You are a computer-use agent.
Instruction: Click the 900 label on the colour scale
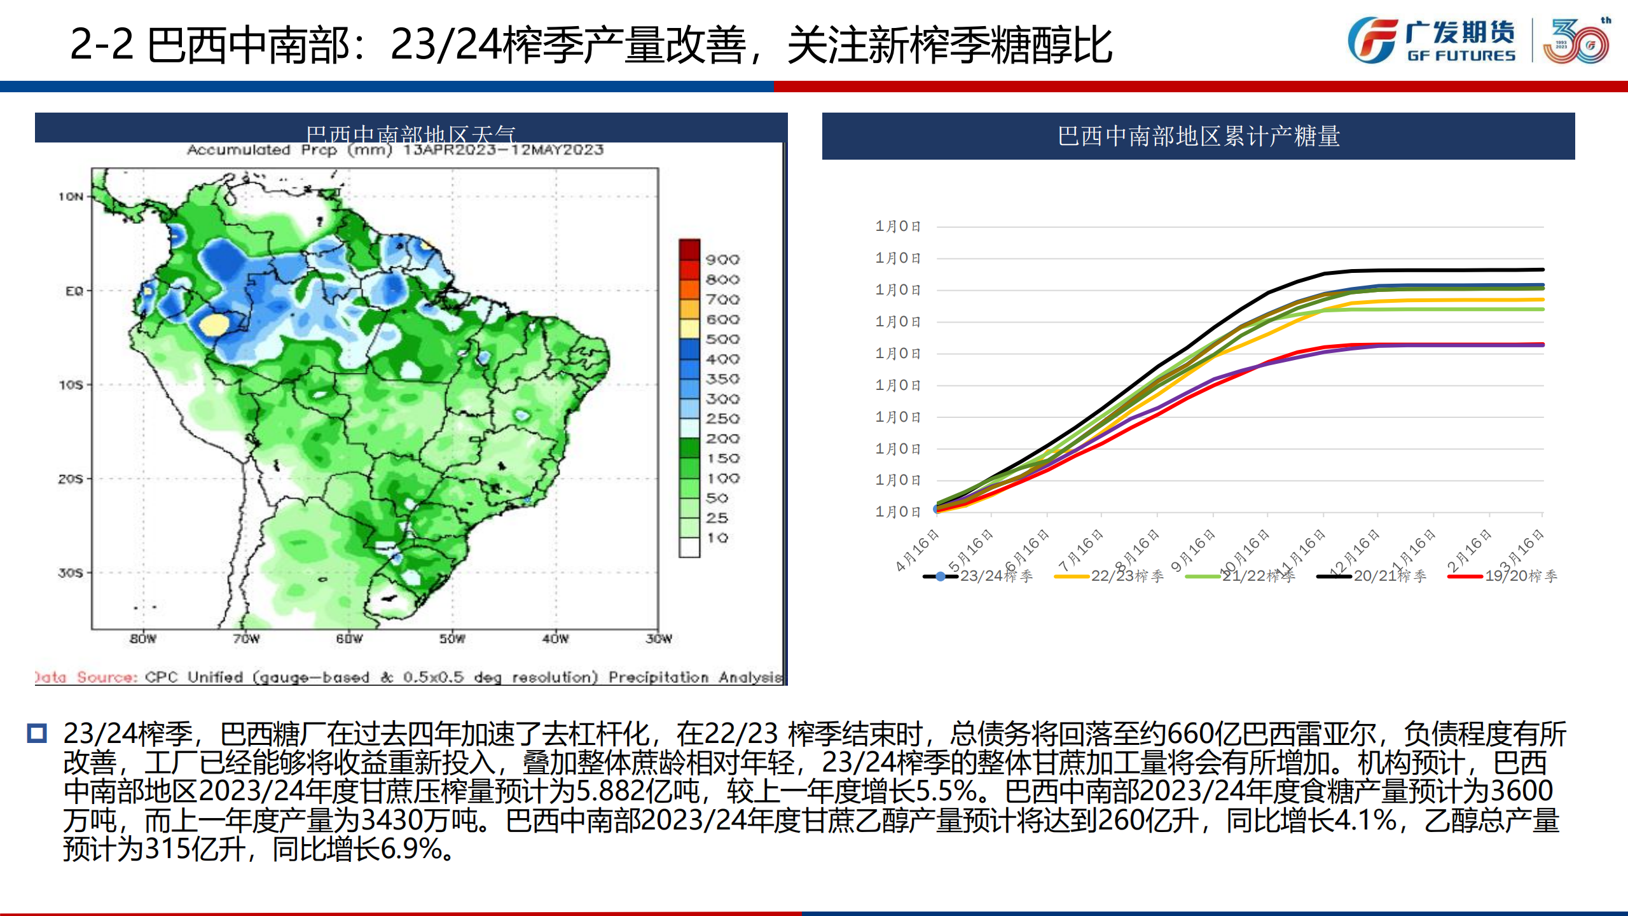tap(722, 260)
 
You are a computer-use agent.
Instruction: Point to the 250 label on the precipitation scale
tap(722, 419)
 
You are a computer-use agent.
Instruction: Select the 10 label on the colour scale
tap(718, 538)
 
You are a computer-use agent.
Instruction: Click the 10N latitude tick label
tap(71, 197)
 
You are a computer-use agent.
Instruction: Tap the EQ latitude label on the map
tap(74, 291)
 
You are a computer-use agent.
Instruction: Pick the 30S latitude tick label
tap(71, 572)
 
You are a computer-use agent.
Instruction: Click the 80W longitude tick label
tap(142, 638)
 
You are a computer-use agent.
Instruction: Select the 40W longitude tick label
tap(555, 638)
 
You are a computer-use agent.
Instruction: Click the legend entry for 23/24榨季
tap(979, 576)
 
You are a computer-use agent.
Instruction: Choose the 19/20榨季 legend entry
tap(1504, 576)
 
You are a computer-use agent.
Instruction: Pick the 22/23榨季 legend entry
tap(1110, 576)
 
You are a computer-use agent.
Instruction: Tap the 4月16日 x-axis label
tap(918, 550)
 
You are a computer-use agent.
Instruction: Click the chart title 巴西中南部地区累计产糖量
tap(1198, 136)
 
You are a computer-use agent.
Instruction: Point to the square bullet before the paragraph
tap(37, 733)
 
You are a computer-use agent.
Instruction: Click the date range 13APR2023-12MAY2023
tap(503, 150)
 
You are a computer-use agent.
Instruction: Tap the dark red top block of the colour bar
tap(689, 249)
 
